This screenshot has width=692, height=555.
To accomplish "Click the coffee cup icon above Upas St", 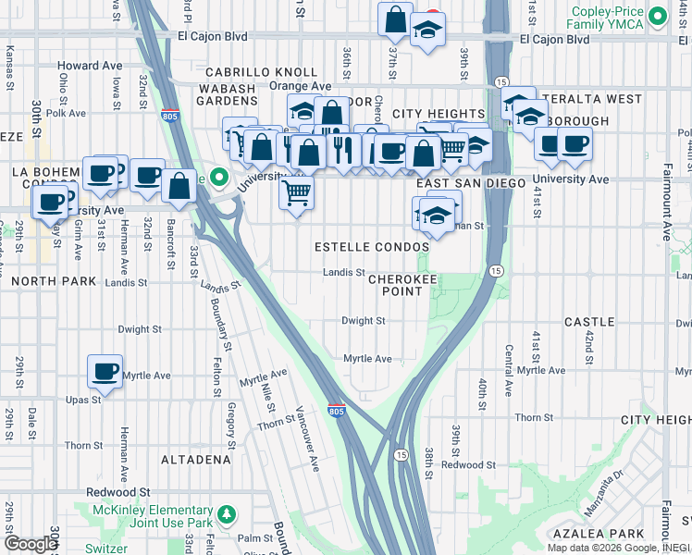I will (105, 372).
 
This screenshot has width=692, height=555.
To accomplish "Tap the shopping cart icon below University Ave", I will (296, 193).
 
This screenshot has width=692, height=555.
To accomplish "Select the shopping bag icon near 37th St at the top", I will (395, 19).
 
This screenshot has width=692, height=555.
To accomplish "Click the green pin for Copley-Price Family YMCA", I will (658, 16).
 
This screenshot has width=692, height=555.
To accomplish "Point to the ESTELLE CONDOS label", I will (372, 248).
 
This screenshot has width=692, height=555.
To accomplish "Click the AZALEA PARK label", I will (598, 534).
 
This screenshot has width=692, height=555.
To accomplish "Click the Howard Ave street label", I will (90, 66).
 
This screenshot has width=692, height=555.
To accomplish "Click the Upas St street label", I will (83, 400).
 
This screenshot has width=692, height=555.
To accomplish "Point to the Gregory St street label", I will (229, 414).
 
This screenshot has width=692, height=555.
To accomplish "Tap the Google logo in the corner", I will (31, 543).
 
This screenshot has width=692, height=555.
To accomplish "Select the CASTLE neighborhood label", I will (589, 322).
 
